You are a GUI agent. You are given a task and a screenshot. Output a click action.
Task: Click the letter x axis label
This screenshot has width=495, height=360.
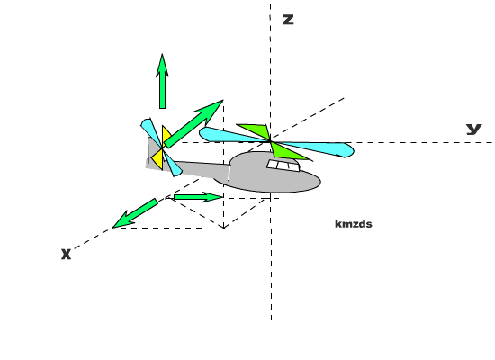click(x=66, y=254)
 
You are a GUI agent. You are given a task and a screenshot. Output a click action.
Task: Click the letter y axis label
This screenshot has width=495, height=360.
click(x=473, y=130)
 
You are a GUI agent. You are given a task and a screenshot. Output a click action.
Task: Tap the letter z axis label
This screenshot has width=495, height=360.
click(x=288, y=20)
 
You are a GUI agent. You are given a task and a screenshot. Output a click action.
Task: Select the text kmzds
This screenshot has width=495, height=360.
click(x=354, y=224)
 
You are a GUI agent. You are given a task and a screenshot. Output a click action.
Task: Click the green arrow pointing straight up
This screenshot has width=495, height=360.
click(x=162, y=81)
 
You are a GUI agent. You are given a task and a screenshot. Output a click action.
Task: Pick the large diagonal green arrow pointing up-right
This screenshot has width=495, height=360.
click(x=193, y=124)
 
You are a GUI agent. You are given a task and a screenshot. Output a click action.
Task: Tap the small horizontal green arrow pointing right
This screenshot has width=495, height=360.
click(x=198, y=197)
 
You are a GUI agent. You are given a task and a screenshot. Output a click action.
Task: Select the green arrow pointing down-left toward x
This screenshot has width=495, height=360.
click(x=135, y=213)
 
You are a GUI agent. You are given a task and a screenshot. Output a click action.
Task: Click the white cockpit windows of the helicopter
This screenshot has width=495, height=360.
click(x=283, y=166)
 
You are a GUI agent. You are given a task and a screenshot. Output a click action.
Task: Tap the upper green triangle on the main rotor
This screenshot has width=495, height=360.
click(x=255, y=130)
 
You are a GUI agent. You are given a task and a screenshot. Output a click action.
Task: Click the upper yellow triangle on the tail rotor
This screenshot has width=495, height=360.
click(x=166, y=136)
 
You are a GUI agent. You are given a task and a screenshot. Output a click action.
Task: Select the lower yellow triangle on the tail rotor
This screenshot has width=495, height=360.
click(x=158, y=158)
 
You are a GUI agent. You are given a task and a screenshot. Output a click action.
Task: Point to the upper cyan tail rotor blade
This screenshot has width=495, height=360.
click(x=150, y=131)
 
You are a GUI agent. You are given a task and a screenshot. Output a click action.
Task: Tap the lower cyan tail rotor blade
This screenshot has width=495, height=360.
click(x=173, y=164)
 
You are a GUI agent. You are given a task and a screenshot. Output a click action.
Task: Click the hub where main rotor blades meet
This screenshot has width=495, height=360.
click(x=270, y=140)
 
